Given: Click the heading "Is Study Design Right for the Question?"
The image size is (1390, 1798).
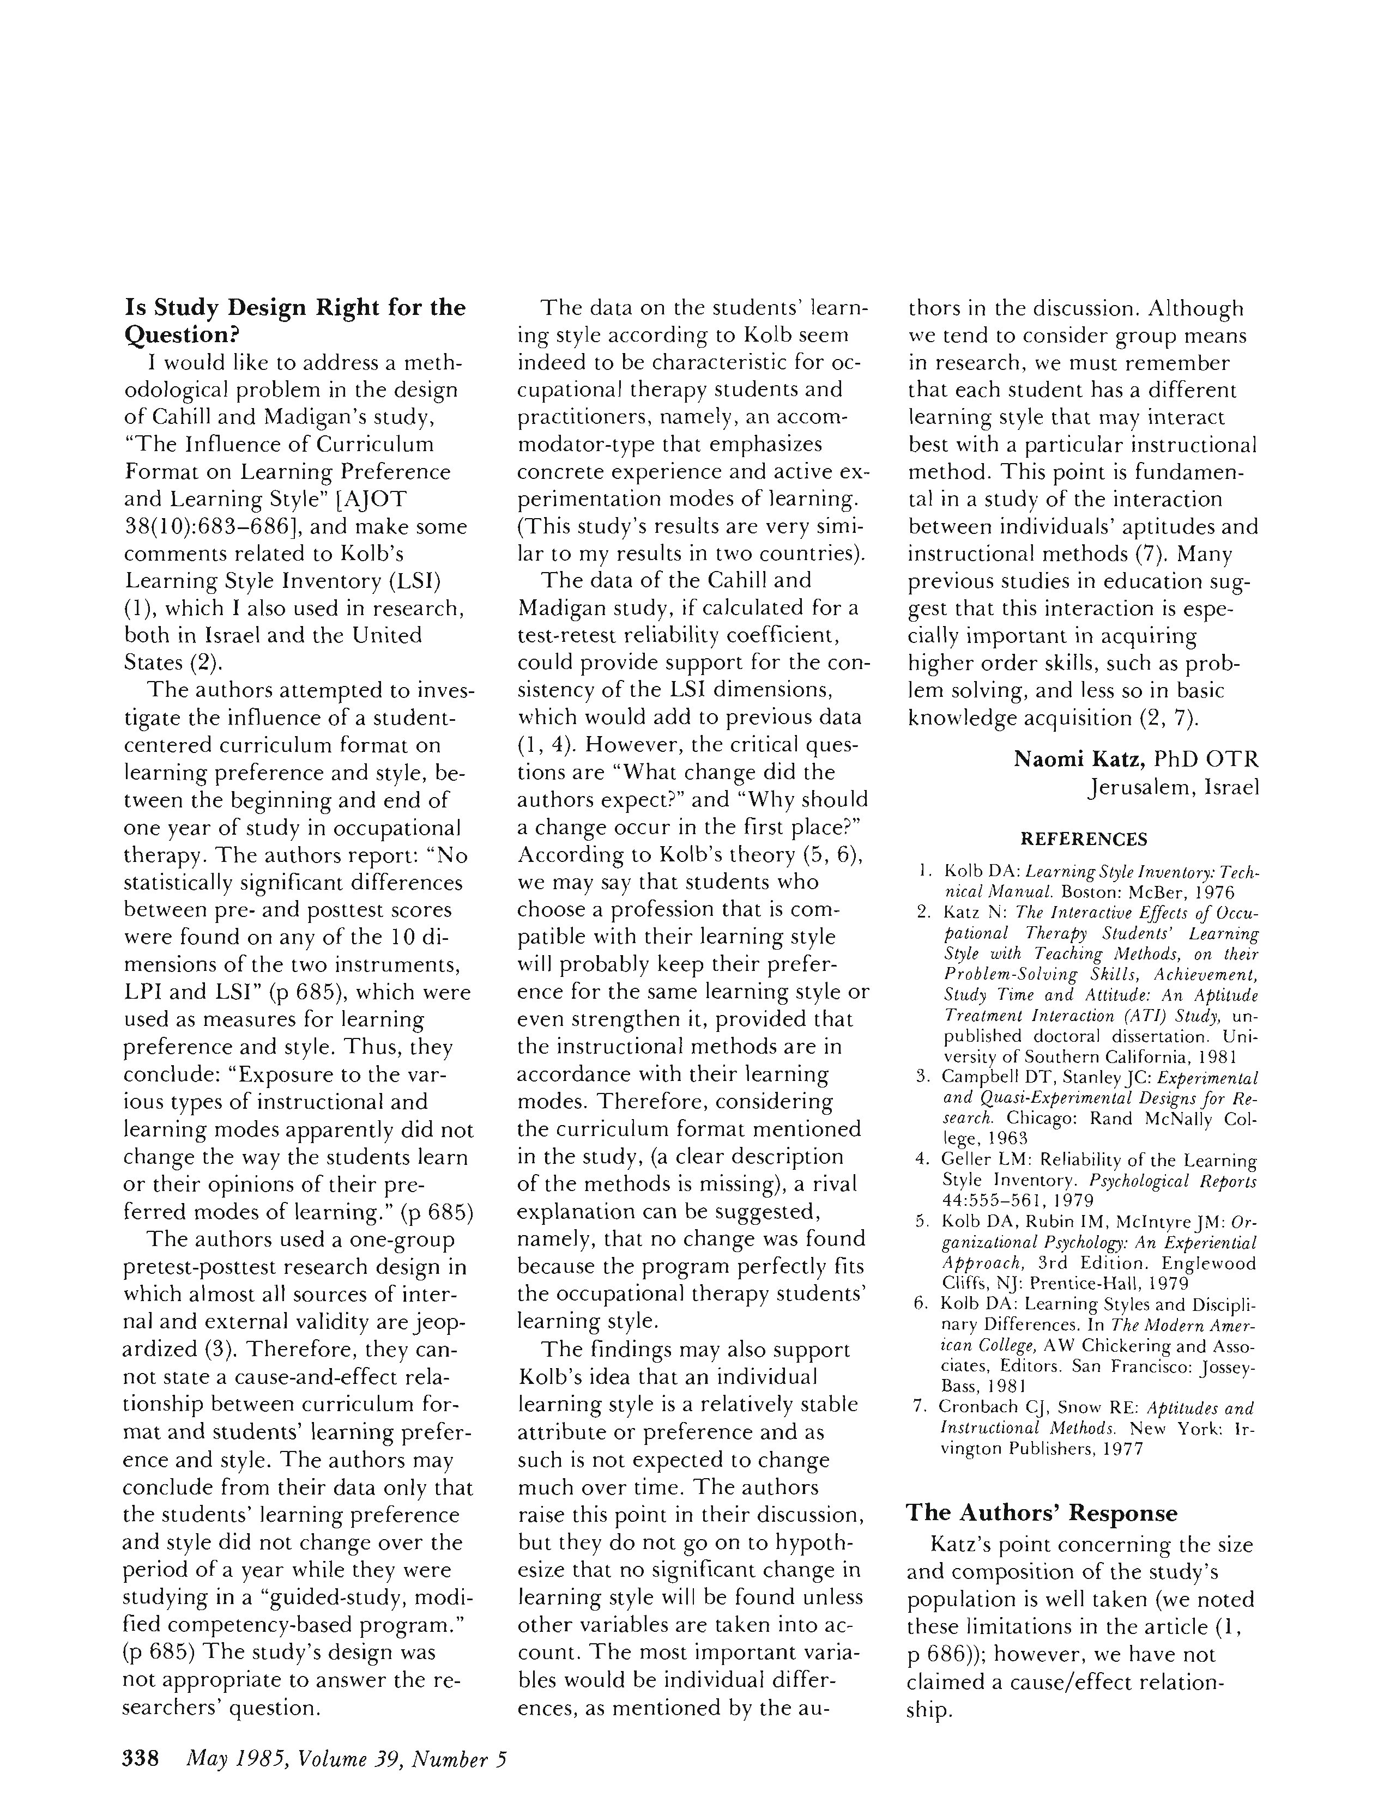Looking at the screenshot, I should [x=294, y=321].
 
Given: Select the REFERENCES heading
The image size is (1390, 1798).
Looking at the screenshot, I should [x=1083, y=840].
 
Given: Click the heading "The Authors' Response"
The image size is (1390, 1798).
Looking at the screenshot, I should [x=1042, y=1513].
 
